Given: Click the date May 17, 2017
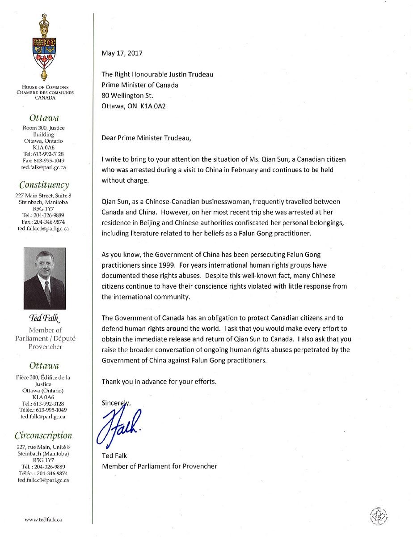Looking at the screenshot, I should (x=122, y=53).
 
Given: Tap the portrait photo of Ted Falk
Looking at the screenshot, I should (x=44, y=278).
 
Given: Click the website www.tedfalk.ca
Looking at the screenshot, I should (x=43, y=520).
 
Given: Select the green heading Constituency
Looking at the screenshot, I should (x=44, y=185).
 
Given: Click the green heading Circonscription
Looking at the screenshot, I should (x=43, y=435).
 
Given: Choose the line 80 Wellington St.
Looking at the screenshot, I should (x=127, y=95).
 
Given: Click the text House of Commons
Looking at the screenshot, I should (x=44, y=87).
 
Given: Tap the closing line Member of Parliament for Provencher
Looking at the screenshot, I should (x=160, y=466).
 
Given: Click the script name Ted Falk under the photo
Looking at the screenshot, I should (x=44, y=319).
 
